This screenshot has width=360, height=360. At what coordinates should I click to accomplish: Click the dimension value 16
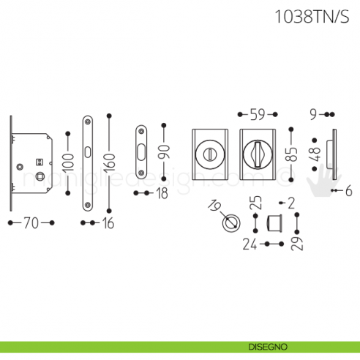coord(107,223)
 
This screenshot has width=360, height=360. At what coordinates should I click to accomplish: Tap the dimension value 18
coord(161,193)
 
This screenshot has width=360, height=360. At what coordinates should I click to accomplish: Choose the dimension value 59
coord(258,114)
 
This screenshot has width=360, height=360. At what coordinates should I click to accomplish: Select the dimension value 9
coord(312,114)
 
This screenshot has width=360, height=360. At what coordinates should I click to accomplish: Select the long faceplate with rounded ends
coord(89,162)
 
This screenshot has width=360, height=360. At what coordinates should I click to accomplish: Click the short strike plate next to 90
coord(140,152)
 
